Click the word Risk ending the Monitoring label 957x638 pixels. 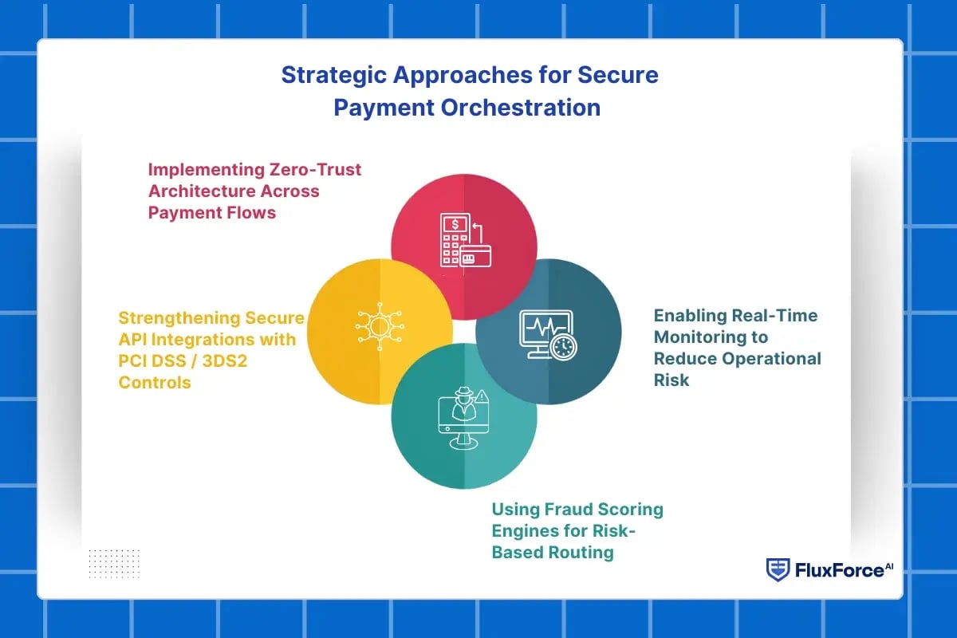671,380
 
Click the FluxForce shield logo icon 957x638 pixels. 778,569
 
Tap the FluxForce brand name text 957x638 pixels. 839,570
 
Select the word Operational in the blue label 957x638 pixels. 771,358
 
